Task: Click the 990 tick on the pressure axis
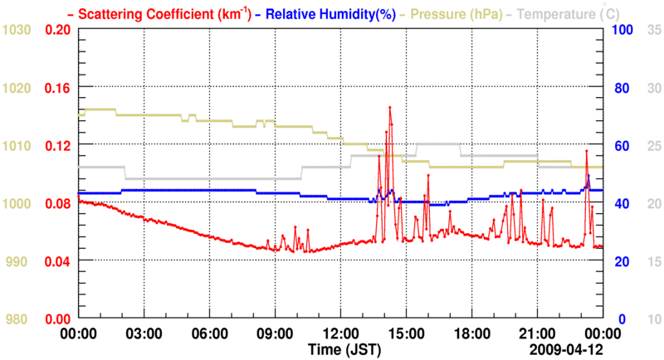(17, 261)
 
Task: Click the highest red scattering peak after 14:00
(389, 107)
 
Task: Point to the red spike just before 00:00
(587, 150)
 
